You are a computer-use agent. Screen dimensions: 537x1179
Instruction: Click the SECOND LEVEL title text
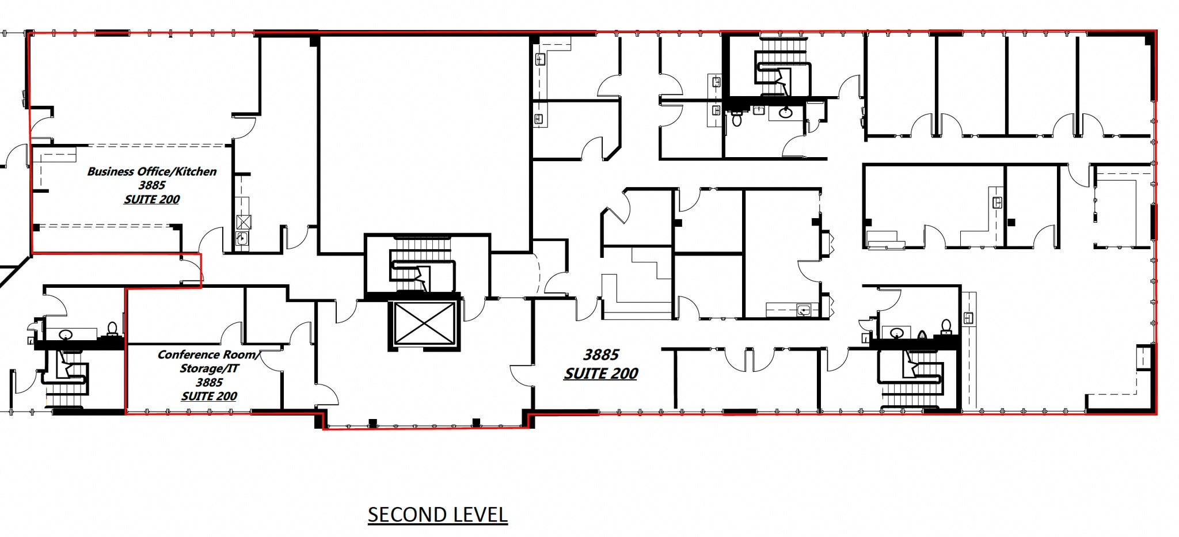(x=438, y=515)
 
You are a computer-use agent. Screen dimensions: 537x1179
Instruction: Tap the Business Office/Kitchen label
(x=152, y=172)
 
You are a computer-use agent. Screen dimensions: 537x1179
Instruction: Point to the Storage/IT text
(x=209, y=368)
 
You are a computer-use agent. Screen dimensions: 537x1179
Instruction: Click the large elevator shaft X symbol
(x=424, y=324)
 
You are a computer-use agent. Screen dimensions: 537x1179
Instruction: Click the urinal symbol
(x=922, y=336)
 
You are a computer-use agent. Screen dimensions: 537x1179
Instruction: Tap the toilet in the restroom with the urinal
(x=946, y=327)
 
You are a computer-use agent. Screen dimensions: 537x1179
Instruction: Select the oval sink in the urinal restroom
(x=896, y=333)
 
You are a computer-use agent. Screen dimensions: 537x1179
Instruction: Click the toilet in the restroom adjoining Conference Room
(x=113, y=329)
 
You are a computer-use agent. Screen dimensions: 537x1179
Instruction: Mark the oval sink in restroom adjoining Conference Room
(x=66, y=334)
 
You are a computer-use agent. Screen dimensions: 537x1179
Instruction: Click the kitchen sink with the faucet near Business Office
(x=242, y=239)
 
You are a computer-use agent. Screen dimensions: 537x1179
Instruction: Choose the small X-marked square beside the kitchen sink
(x=244, y=222)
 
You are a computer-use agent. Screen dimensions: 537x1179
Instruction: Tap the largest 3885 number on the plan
(x=601, y=355)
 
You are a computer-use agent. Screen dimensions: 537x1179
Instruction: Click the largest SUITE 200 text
(x=601, y=374)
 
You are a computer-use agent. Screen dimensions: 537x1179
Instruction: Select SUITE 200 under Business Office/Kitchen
(x=152, y=199)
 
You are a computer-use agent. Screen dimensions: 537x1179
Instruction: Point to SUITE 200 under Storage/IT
(x=209, y=396)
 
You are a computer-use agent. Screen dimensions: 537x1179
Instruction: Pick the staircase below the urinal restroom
(x=912, y=377)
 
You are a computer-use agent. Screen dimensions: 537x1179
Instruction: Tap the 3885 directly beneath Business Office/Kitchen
(x=152, y=185)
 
